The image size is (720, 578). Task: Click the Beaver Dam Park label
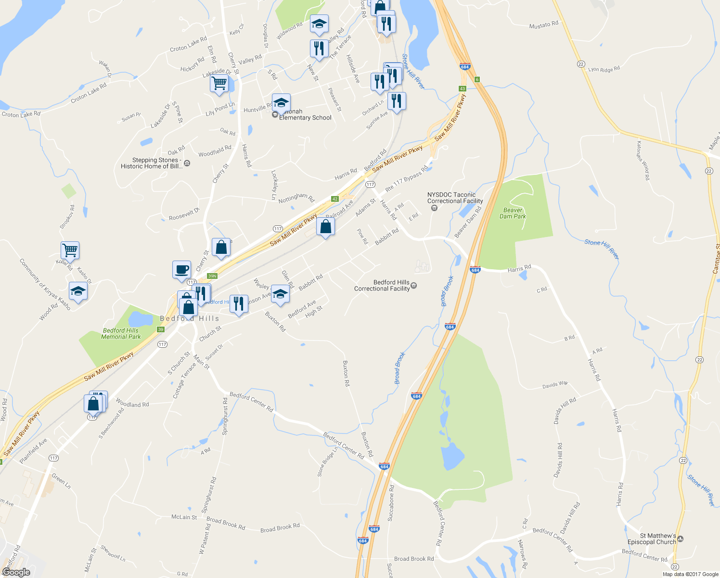[x=513, y=213]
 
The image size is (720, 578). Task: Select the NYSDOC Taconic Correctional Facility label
[x=455, y=198]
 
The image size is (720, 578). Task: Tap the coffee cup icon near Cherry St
[x=181, y=270]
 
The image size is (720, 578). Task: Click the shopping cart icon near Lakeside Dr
[x=219, y=83]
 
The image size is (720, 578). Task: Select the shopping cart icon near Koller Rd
[x=70, y=250]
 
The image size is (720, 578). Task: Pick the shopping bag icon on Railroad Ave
[x=326, y=226]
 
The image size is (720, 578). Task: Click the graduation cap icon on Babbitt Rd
[x=280, y=294]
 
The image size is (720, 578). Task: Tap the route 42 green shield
[x=335, y=199]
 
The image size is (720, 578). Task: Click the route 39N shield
[x=212, y=276]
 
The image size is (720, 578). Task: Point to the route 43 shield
[x=462, y=89]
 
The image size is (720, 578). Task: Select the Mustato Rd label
[x=543, y=25]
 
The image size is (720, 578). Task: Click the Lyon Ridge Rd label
[x=604, y=69]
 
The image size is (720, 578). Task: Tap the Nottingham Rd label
[x=296, y=197]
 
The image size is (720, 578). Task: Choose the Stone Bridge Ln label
[x=327, y=462]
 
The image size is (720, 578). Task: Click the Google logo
[x=16, y=572]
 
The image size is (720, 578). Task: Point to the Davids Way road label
[x=555, y=385]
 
